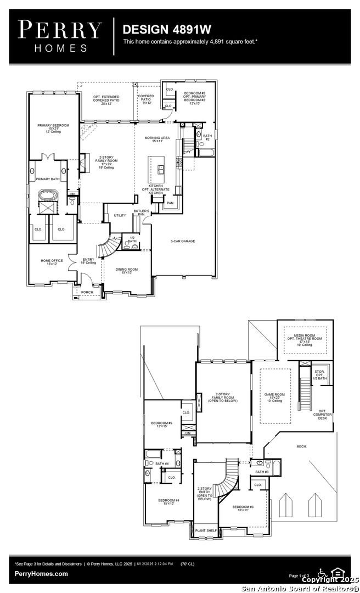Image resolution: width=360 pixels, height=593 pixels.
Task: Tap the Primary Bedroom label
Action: (53, 128)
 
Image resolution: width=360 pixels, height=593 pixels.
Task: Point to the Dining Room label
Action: (126, 271)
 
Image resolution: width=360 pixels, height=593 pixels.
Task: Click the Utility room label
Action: (120, 215)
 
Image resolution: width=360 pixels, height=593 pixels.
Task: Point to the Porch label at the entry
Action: (87, 292)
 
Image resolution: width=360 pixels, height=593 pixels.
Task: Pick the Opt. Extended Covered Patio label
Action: (106, 99)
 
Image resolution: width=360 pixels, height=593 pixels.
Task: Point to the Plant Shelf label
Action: (206, 530)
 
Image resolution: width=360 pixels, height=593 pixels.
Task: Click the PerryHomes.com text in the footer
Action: (42, 574)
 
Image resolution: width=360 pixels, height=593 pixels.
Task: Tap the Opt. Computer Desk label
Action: (322, 415)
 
